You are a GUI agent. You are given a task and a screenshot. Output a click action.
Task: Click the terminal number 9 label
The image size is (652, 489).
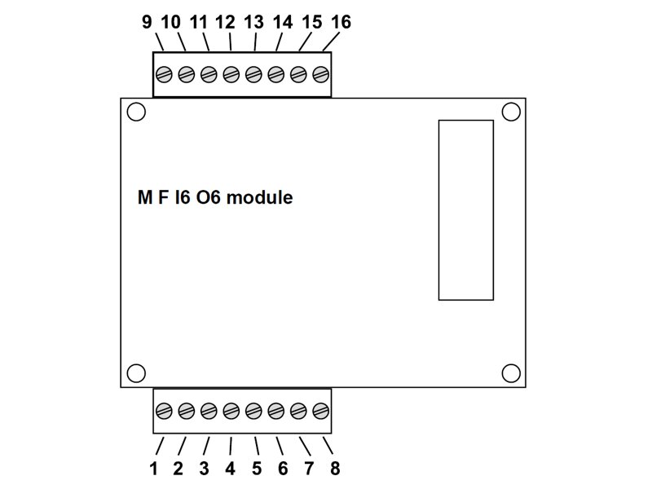coord(147,22)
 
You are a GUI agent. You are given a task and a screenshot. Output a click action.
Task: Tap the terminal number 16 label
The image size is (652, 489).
coord(341,22)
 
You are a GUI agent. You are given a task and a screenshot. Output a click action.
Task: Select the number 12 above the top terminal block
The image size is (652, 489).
coord(226,22)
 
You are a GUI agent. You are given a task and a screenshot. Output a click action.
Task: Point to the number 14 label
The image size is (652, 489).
coord(283,22)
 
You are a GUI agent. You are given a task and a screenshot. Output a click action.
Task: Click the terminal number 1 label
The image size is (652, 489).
coord(153,469)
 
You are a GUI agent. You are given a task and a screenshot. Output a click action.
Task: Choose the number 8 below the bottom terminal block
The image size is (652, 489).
coord(335,469)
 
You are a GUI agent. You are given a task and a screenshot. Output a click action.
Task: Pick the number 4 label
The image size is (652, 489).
coord(230,469)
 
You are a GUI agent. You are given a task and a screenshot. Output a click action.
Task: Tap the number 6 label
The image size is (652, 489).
coord(283,469)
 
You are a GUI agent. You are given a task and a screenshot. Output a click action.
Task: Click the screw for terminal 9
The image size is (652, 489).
coord(163,76)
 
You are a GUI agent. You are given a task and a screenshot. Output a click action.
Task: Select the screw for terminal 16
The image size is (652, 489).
coord(320,76)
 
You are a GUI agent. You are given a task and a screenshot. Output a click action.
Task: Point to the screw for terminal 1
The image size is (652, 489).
coord(163,410)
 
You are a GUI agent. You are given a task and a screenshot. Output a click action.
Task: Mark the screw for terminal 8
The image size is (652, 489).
coord(320,410)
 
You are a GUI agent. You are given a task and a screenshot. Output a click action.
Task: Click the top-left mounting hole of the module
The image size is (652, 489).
coord(137,112)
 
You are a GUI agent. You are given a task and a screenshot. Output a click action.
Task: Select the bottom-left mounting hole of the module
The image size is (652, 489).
coord(137,373)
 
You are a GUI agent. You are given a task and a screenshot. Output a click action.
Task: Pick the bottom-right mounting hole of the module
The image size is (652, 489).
coord(511,373)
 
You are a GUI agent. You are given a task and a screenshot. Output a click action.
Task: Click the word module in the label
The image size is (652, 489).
coord(259,198)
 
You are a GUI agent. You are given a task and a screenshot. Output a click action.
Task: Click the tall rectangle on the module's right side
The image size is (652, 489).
coord(465,210)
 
